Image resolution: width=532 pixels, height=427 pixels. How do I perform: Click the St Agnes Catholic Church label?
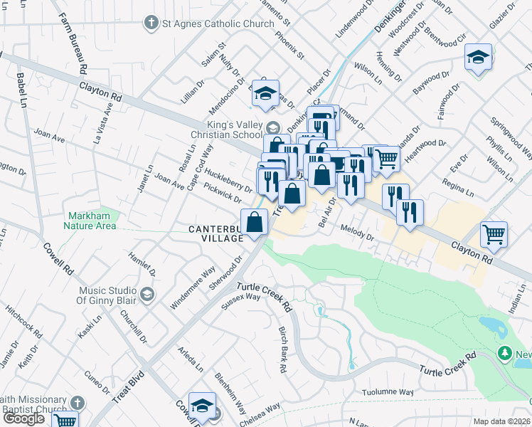218,23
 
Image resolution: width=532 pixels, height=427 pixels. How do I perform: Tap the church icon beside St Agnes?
151,23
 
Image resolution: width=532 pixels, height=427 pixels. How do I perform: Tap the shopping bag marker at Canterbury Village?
255,222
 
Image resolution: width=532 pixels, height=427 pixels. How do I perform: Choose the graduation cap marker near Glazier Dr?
478,57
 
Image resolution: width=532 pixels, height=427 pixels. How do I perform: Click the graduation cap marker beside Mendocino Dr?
266,93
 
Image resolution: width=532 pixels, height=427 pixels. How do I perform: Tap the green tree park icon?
505,353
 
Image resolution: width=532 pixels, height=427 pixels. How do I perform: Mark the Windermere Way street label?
192,288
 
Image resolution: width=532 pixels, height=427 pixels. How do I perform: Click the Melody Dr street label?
356,233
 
